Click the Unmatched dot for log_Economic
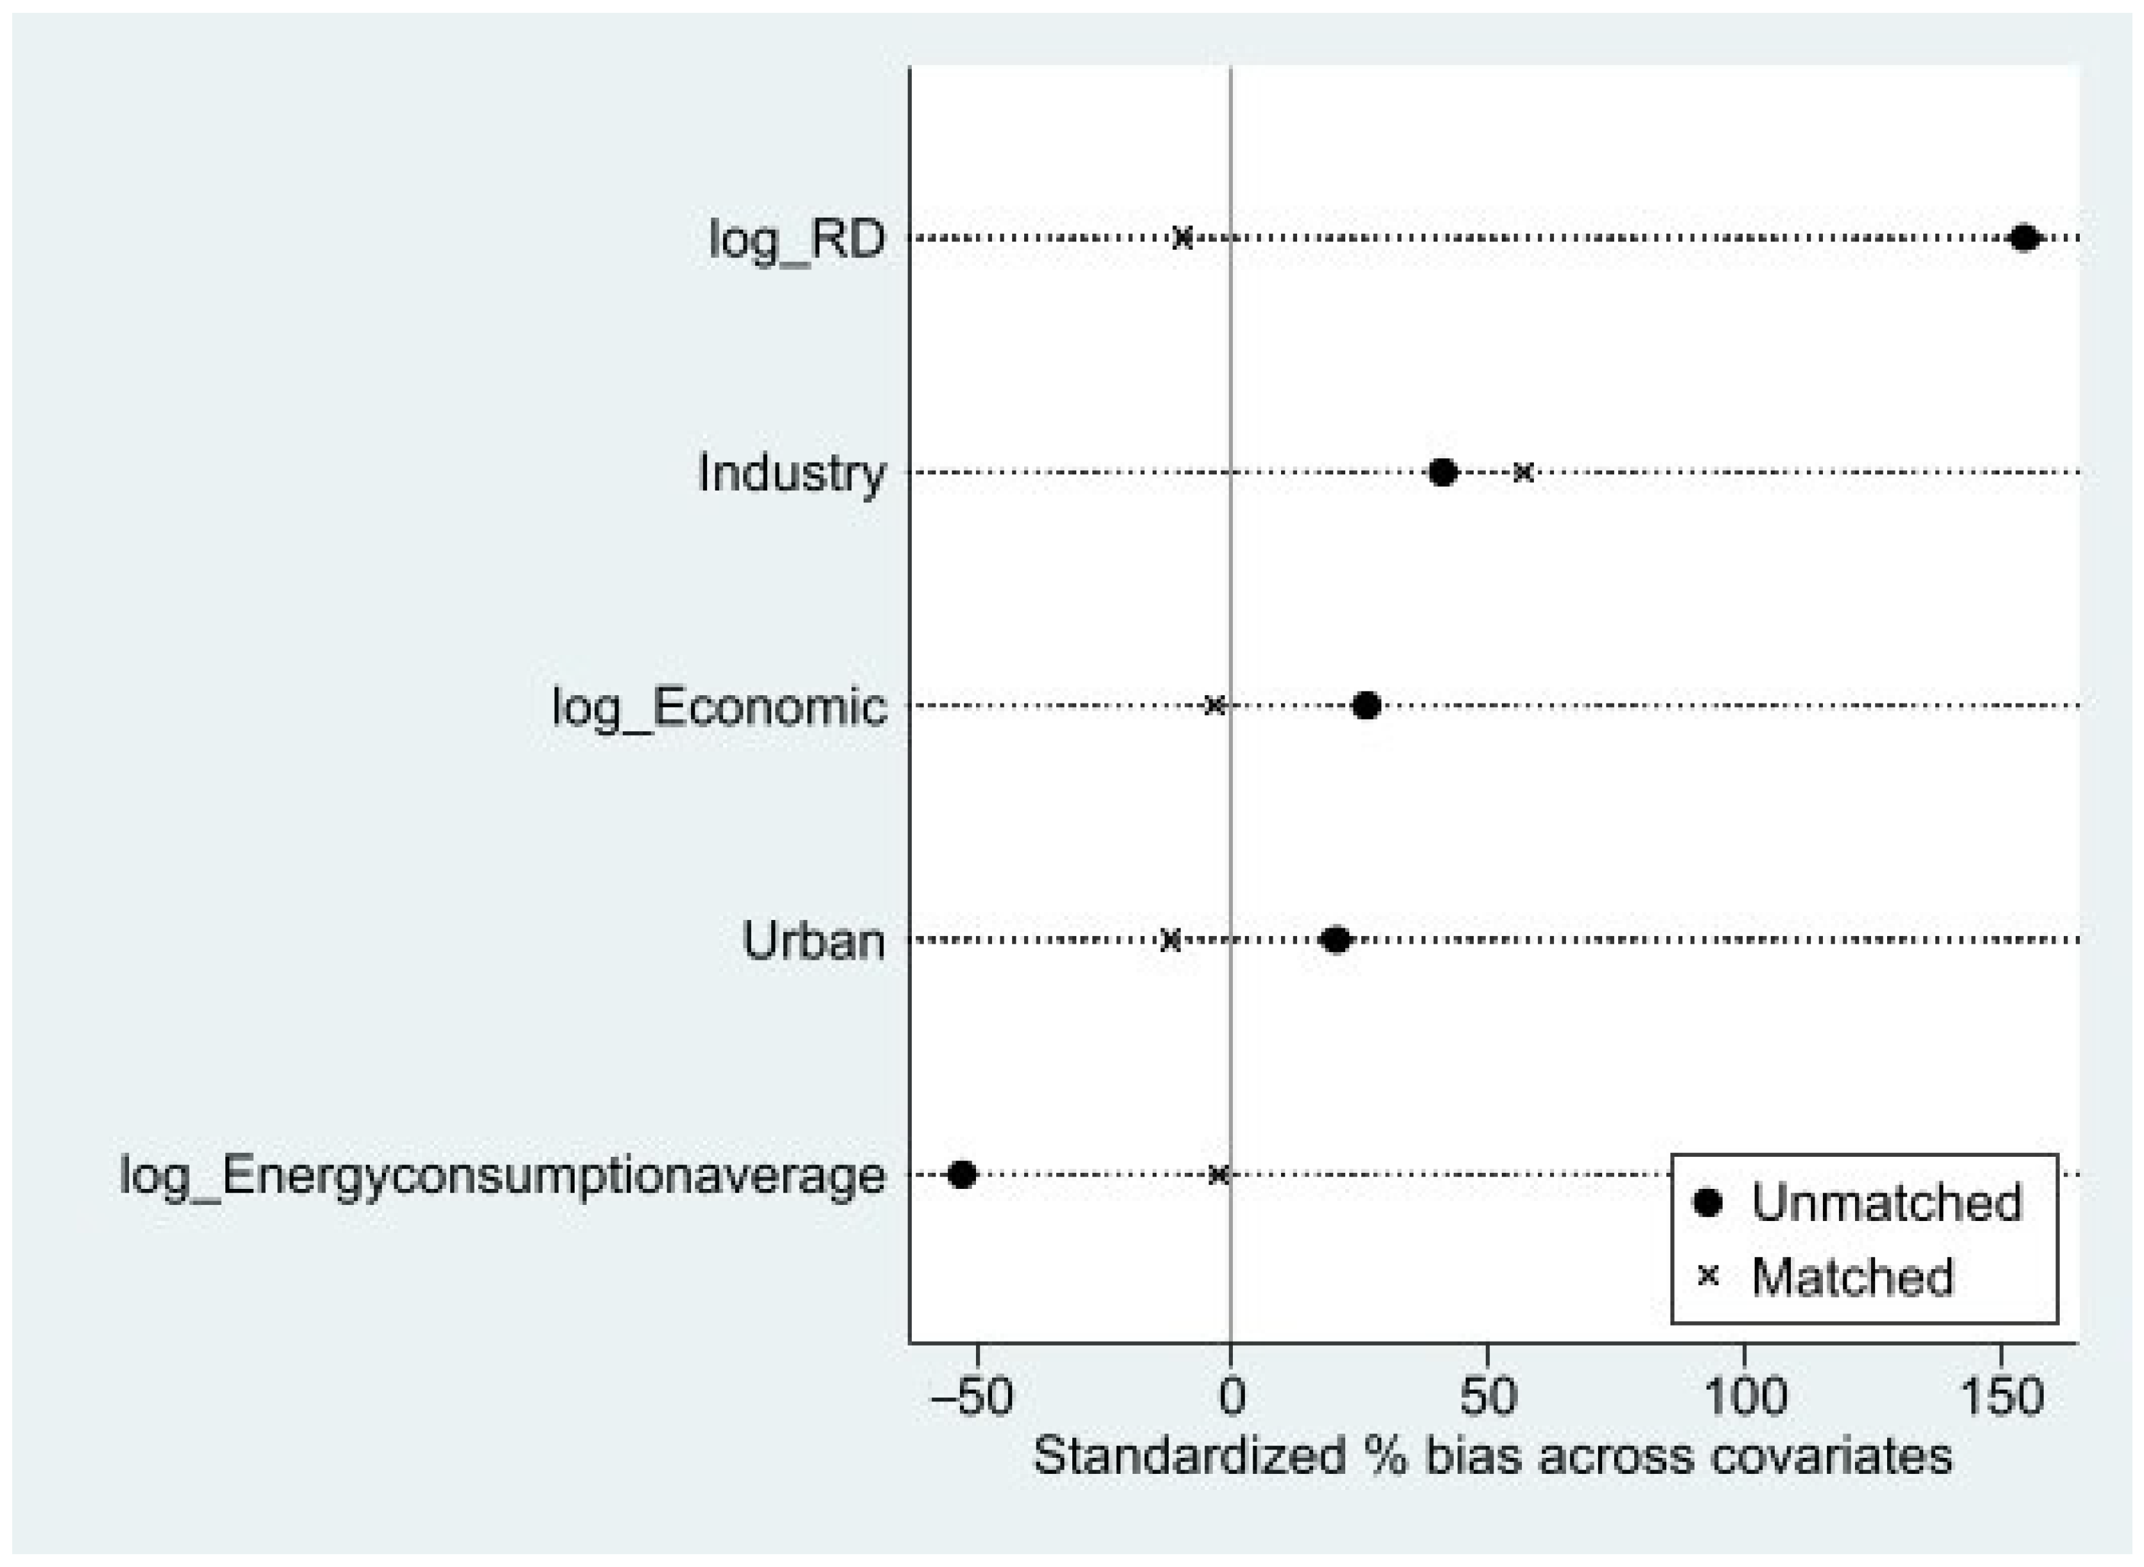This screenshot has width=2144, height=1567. coord(1366,706)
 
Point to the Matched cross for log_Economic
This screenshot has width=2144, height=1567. coord(1214,706)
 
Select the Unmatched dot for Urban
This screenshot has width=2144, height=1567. coord(1335,940)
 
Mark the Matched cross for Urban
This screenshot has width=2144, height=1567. coord(1171,940)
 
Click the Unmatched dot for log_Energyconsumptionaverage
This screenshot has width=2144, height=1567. coord(962,1174)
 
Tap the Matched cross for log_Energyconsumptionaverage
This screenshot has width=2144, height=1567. coord(1219,1174)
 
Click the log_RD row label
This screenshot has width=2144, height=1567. coord(797,239)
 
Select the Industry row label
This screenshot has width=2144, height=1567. coord(792,472)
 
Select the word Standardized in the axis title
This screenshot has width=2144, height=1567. coord(1188,1456)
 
